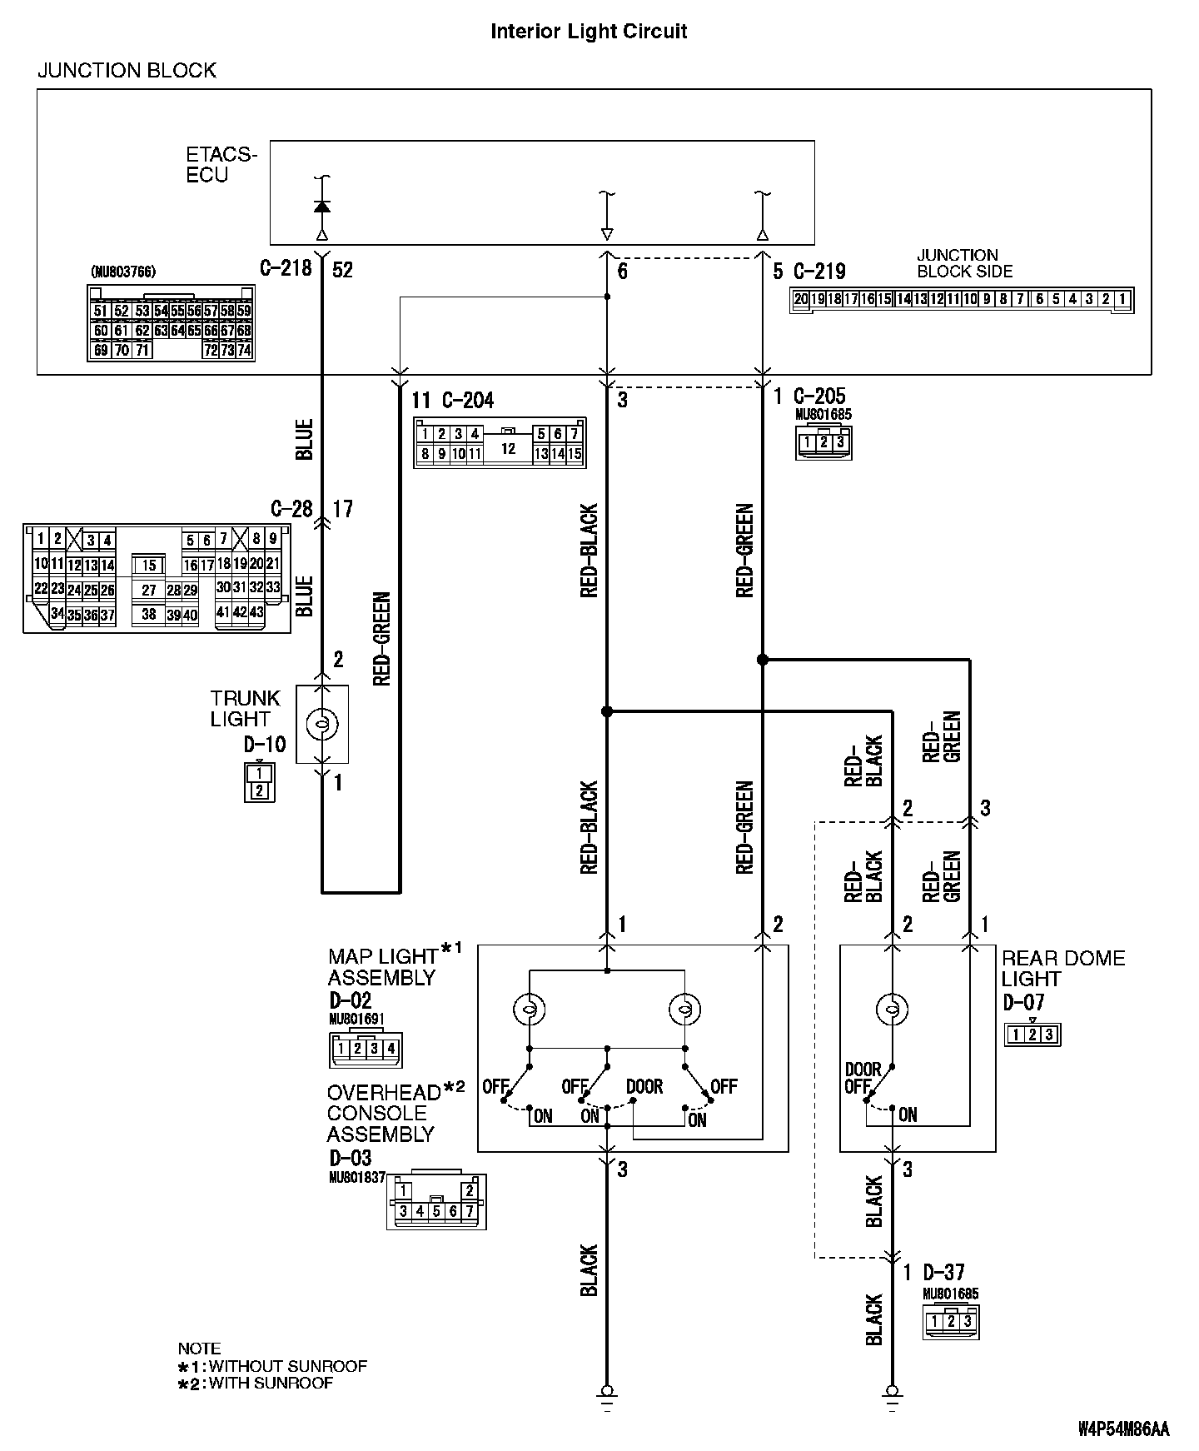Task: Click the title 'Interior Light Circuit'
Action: (589, 32)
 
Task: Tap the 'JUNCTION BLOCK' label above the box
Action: (127, 71)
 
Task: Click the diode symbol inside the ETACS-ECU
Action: (322, 206)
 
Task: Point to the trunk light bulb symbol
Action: (322, 725)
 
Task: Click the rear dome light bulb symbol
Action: (892, 1010)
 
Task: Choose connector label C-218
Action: (286, 268)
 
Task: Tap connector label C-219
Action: (819, 272)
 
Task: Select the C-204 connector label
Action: (468, 401)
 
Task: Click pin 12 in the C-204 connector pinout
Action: (508, 449)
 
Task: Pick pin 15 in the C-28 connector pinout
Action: (149, 566)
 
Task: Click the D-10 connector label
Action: (266, 744)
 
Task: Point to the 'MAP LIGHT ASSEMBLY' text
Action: (383, 966)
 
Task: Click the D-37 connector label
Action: (943, 1272)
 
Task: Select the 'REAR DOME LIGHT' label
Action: (1062, 968)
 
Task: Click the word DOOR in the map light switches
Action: (644, 1087)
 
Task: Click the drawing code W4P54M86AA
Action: (1124, 1429)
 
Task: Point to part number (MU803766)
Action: (122, 272)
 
